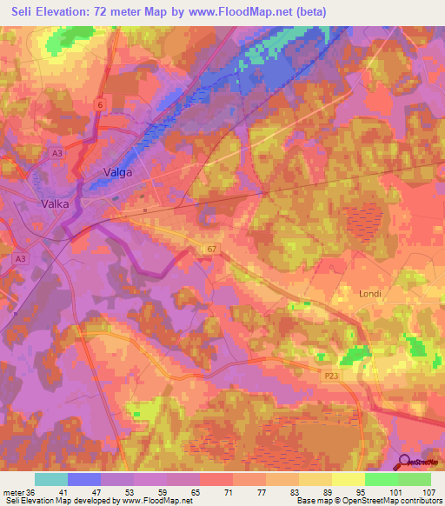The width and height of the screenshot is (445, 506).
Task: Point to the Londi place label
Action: (x=371, y=294)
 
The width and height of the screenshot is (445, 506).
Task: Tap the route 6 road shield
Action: (x=100, y=104)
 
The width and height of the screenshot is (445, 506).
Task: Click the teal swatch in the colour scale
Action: (x=51, y=479)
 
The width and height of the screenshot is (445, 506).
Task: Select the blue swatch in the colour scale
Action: (x=84, y=479)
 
